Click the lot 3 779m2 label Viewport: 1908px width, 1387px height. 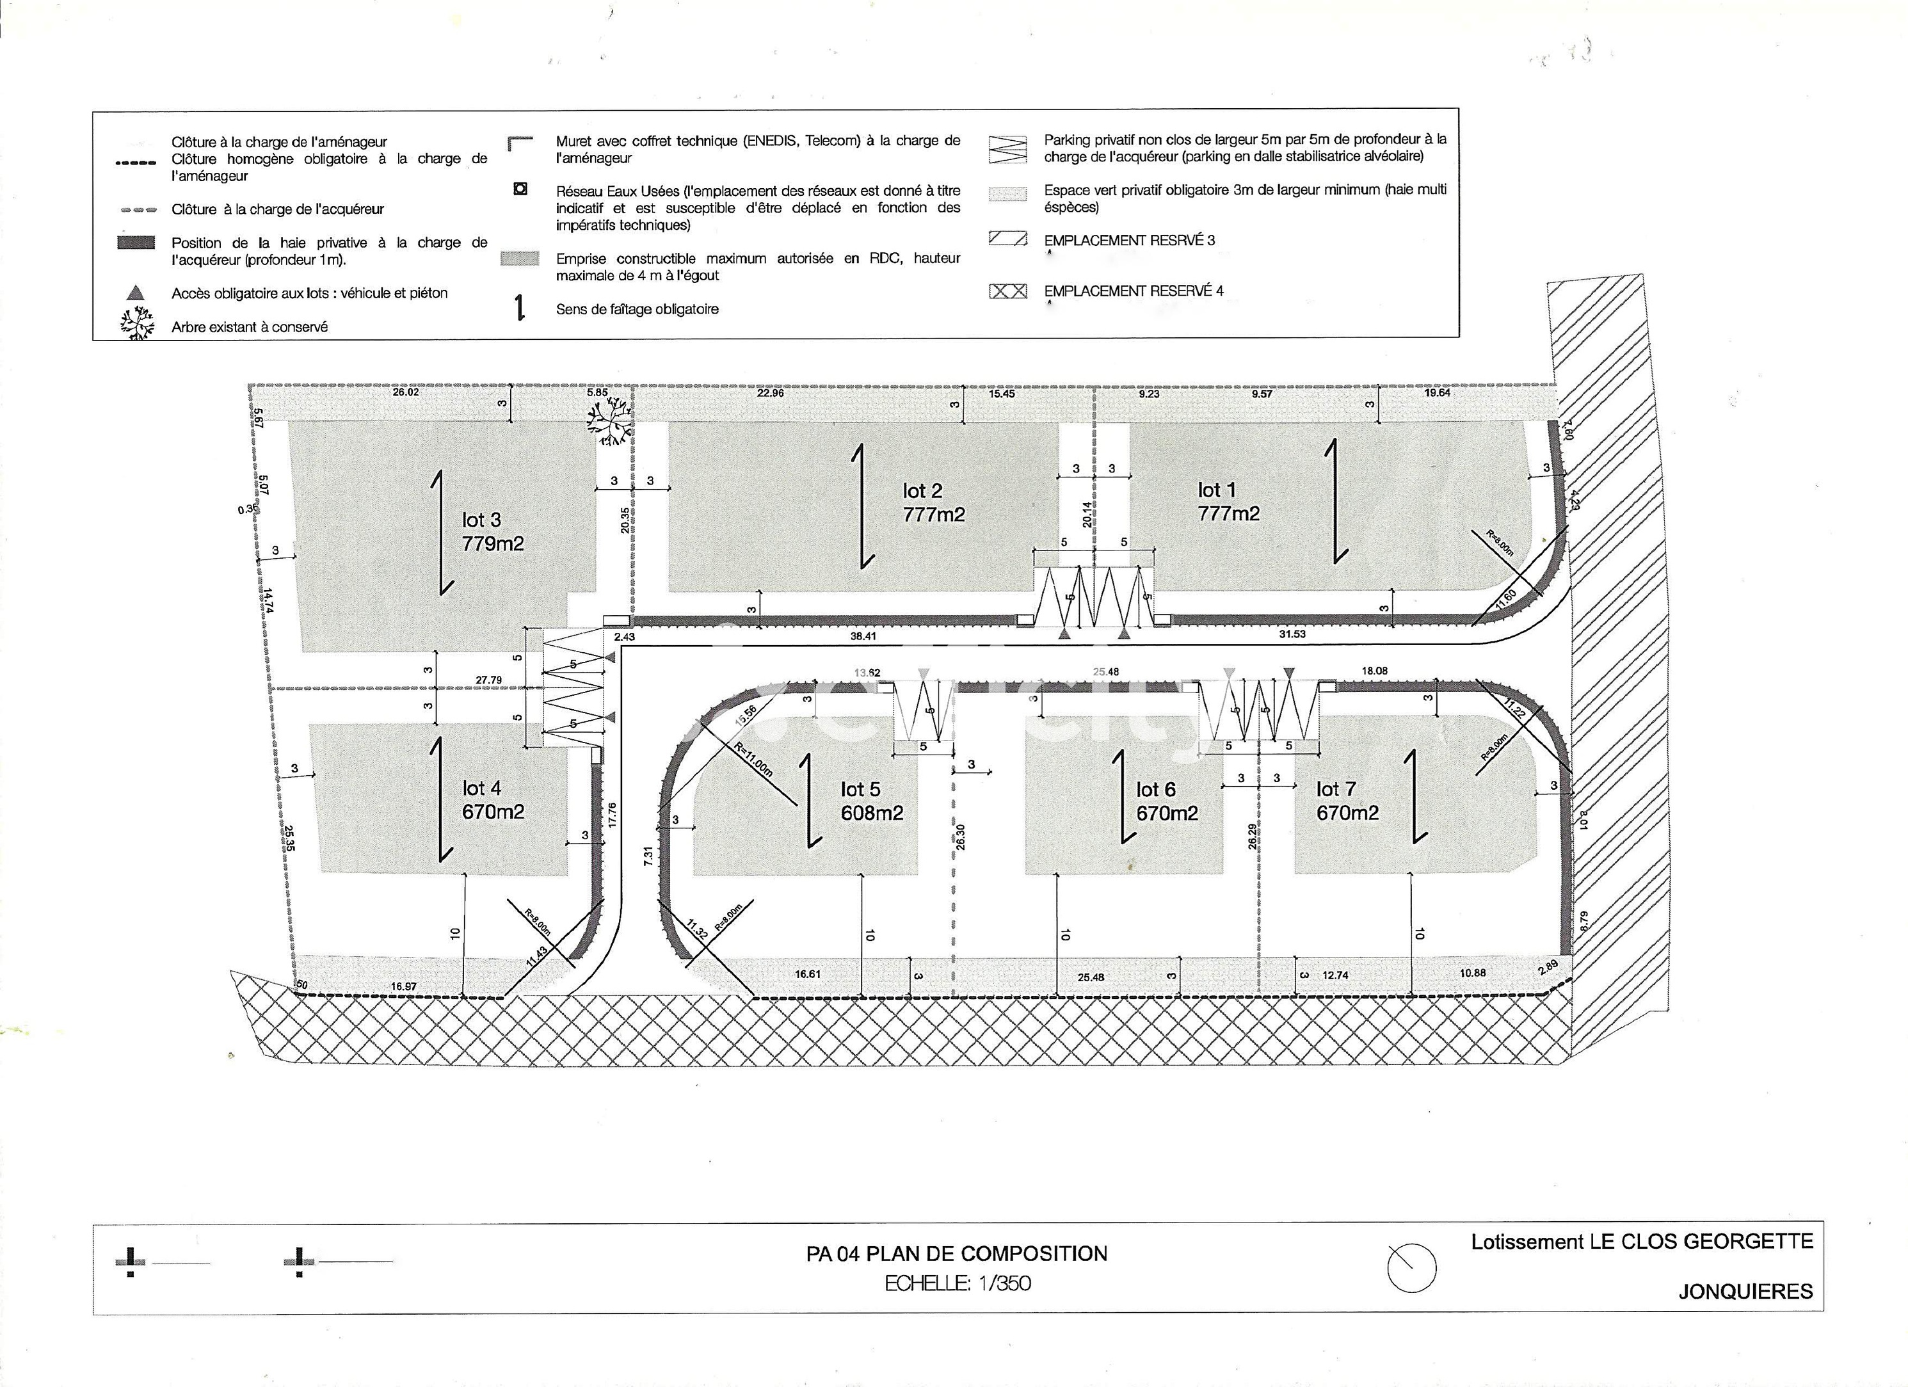(x=492, y=532)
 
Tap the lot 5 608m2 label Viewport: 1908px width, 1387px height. (x=872, y=801)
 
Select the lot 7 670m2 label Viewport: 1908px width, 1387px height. (x=1347, y=801)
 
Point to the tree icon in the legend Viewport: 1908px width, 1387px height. (x=136, y=325)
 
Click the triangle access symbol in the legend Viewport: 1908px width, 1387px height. (x=136, y=293)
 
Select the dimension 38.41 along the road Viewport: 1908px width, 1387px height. (x=863, y=636)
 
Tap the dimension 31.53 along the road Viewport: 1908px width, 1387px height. (x=1292, y=634)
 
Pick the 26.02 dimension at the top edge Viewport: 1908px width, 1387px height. (x=406, y=392)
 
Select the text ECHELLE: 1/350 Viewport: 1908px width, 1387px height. (x=956, y=1283)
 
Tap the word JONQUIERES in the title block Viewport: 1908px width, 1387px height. (x=1745, y=1291)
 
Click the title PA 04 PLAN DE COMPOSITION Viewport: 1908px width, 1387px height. (x=956, y=1253)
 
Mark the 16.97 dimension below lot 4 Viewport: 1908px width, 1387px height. (x=404, y=986)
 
